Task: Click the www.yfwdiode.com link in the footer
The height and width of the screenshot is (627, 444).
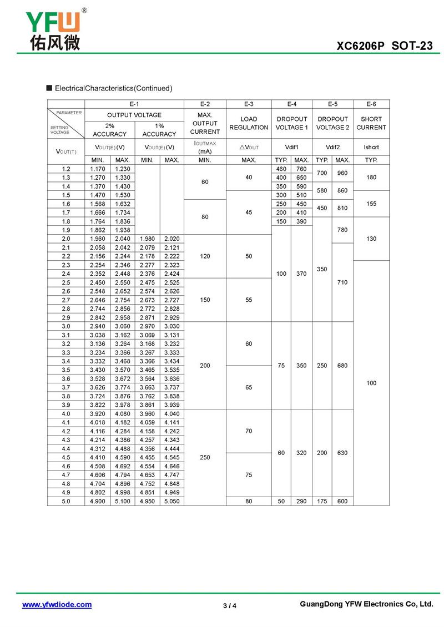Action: (x=57, y=604)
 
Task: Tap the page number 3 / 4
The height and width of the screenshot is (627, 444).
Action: (x=230, y=605)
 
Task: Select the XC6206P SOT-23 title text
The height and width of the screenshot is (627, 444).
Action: (x=385, y=46)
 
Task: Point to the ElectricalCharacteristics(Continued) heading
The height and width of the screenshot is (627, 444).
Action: (x=113, y=88)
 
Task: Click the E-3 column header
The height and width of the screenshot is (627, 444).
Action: (x=249, y=104)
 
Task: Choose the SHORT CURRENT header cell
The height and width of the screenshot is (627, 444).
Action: (x=371, y=123)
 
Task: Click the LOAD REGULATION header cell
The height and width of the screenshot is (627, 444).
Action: (x=249, y=123)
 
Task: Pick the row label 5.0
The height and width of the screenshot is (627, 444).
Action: (x=66, y=500)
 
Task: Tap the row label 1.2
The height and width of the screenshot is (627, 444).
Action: (x=66, y=169)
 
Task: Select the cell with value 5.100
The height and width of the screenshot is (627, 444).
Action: (x=122, y=500)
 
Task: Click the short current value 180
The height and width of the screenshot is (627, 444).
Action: (x=371, y=178)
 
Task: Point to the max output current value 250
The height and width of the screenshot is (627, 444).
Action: (x=205, y=457)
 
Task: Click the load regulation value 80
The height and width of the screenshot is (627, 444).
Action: (x=249, y=500)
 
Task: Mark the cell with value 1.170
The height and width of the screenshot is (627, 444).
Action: (x=97, y=169)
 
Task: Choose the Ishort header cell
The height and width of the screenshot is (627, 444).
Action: (x=371, y=147)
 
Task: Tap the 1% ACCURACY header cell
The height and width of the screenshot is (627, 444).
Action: (x=159, y=130)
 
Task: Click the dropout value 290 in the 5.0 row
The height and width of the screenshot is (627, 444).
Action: (x=301, y=500)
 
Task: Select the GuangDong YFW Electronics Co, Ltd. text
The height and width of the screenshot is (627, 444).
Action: (x=366, y=604)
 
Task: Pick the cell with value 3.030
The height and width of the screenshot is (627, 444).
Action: (x=171, y=326)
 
